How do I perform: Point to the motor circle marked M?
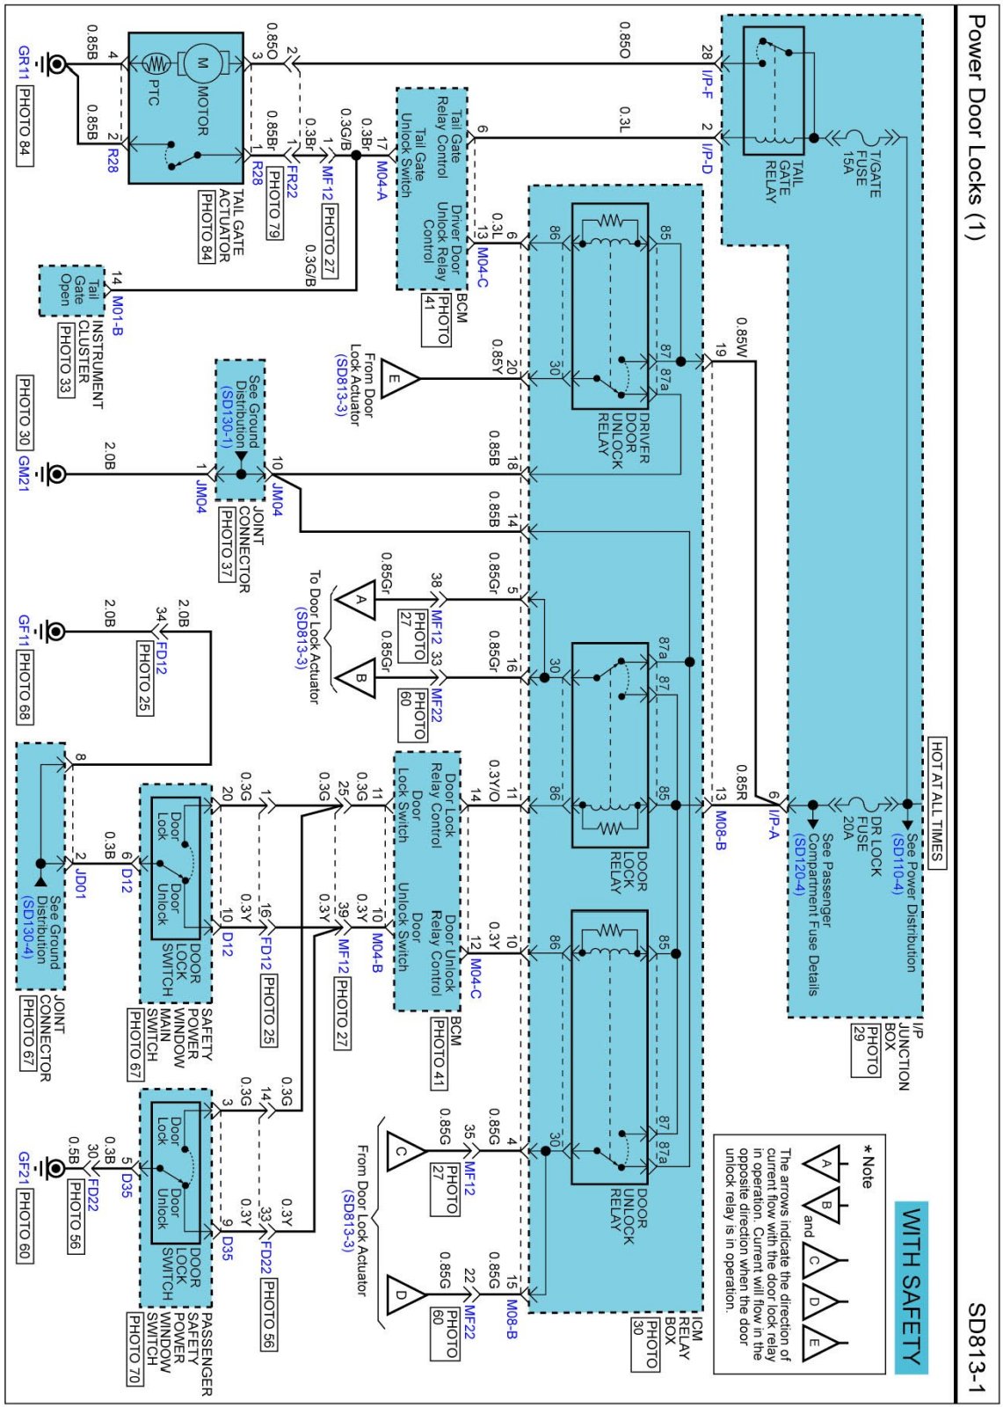tap(202, 63)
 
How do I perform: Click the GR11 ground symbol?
tap(56, 63)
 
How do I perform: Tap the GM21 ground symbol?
tap(55, 474)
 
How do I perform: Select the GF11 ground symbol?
tap(55, 631)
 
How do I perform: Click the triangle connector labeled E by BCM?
tap(397, 379)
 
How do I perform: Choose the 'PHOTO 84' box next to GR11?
tap(25, 126)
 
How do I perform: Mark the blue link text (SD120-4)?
tap(799, 864)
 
